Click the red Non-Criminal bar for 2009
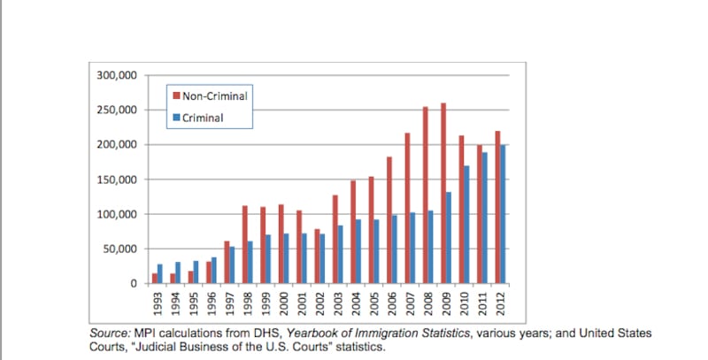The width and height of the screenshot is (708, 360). pos(466,194)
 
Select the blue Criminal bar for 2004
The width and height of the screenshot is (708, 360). pos(358,251)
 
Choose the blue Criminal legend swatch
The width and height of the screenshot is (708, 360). pos(177,117)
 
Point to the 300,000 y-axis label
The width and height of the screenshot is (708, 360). pos(115,75)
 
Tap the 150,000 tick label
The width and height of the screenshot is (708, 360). pos(115,180)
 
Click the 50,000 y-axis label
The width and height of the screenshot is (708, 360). pos(119,249)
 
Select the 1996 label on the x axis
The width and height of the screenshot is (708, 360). pos(211,303)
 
